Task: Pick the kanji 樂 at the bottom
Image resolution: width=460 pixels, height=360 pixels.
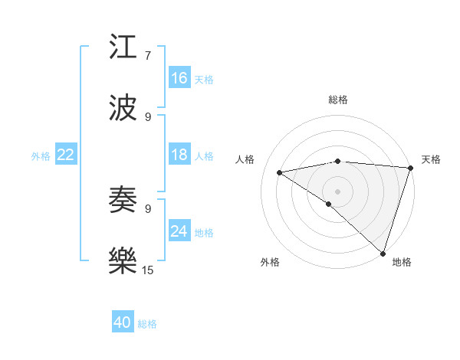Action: tap(124, 260)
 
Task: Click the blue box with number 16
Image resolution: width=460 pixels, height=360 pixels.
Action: tap(179, 78)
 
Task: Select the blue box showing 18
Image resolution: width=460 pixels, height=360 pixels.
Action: tap(179, 155)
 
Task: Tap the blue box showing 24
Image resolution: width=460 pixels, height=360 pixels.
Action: tap(179, 231)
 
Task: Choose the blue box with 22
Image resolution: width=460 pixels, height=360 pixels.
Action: tap(66, 155)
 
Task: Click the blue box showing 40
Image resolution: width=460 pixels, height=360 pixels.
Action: tap(123, 323)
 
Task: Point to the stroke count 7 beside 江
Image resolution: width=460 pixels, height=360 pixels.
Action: tap(148, 55)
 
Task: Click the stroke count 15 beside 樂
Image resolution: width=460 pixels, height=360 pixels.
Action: tap(148, 269)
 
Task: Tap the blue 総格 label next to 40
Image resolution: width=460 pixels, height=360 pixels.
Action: tap(147, 324)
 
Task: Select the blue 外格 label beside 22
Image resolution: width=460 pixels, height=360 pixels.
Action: tap(41, 156)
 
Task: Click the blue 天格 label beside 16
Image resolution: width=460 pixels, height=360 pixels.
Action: tap(203, 79)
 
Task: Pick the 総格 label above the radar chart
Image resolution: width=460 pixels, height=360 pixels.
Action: tap(338, 100)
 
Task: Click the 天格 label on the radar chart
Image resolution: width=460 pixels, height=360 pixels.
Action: tap(431, 159)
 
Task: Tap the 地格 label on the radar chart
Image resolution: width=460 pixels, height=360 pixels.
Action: tap(402, 262)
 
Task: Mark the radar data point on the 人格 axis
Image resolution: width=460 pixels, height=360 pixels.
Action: tap(281, 172)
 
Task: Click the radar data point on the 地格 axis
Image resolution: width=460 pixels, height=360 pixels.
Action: tap(383, 253)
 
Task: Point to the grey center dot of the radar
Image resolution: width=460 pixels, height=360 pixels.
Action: tap(337, 190)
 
